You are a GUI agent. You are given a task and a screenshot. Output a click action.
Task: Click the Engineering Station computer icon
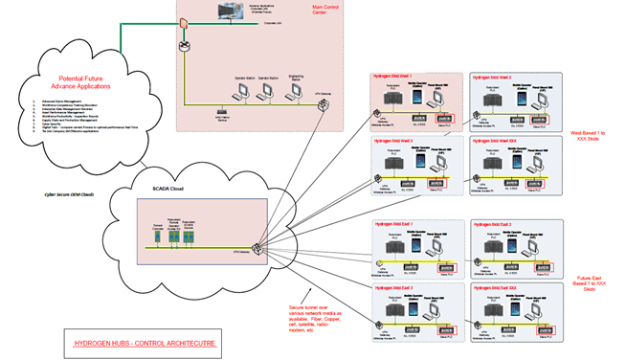coord(295,92)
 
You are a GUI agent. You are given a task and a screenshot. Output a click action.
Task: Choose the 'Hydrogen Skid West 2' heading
coord(490,77)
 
